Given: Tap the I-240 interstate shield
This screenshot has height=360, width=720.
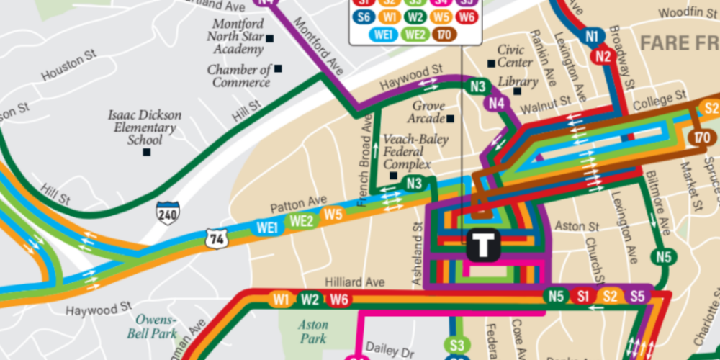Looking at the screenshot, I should [x=168, y=213].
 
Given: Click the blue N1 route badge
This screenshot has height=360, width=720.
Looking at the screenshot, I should [x=593, y=36].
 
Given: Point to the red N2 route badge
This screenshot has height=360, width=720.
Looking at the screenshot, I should [x=604, y=57].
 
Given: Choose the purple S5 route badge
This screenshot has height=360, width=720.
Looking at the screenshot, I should [x=636, y=296].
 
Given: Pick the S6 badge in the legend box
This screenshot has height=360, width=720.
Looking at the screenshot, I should [x=364, y=17].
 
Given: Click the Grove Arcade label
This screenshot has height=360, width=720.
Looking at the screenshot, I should [x=428, y=111].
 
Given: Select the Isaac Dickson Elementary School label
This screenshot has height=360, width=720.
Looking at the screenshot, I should [x=145, y=127].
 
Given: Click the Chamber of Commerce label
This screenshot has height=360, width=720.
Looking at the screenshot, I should [x=239, y=76].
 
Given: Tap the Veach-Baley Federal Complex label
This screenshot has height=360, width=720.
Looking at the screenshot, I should [x=415, y=152].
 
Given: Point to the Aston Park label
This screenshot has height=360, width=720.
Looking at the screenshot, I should [x=312, y=332].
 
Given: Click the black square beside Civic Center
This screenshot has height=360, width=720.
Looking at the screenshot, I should [x=491, y=63].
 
